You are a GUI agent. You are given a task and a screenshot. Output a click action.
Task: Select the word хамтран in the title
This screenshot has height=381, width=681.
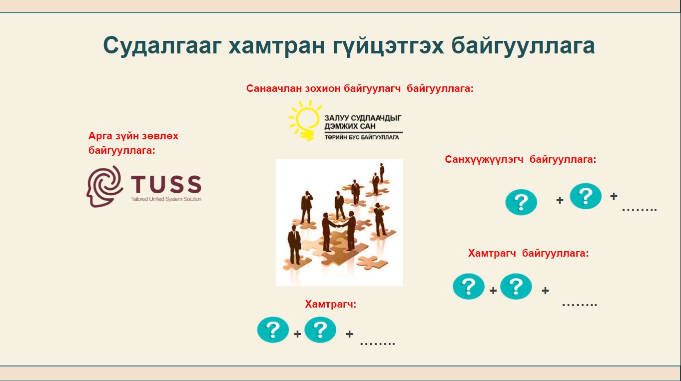(x=276, y=45)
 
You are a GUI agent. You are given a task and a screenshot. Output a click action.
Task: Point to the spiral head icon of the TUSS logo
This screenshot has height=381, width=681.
(x=104, y=186)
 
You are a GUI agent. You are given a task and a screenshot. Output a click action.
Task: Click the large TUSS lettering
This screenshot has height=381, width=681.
(x=166, y=184)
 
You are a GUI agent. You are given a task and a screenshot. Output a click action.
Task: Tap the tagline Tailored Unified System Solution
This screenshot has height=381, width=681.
(x=166, y=199)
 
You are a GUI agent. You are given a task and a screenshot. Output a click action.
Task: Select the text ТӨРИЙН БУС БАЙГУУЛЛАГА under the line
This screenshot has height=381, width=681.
(x=361, y=137)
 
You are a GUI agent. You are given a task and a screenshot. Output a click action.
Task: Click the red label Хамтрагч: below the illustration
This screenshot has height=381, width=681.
(x=330, y=304)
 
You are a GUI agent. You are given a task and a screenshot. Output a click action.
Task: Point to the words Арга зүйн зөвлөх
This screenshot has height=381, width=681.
(x=133, y=136)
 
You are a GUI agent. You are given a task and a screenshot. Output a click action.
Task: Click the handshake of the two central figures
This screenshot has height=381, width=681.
(x=338, y=225)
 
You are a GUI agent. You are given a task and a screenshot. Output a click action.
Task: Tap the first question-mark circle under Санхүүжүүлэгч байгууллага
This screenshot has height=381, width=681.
(x=521, y=202)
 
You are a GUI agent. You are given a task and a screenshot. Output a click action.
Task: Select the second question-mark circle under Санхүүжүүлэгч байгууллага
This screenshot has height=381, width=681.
(x=586, y=196)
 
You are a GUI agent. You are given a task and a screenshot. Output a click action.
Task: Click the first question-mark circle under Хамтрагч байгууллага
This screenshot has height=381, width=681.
(x=469, y=286)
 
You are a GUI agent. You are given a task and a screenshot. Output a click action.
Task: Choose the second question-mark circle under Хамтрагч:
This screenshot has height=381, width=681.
(x=320, y=330)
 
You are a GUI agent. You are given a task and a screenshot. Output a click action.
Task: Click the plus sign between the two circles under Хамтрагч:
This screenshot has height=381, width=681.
(x=297, y=334)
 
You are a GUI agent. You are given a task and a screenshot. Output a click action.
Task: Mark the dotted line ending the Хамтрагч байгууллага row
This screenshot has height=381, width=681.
(x=580, y=305)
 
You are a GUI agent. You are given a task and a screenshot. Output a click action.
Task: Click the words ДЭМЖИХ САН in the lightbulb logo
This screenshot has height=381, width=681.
(x=350, y=126)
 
